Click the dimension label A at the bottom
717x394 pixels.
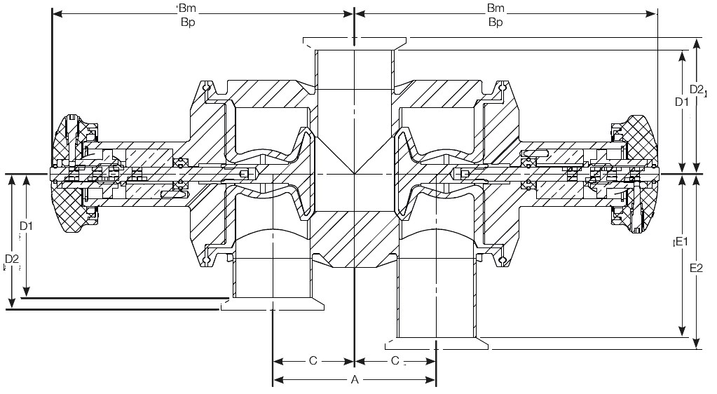[355, 379]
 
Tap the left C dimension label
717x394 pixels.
[313, 361]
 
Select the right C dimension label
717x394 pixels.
[395, 361]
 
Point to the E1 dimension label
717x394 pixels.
[682, 241]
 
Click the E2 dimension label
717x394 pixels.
[696, 268]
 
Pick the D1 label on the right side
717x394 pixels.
[682, 102]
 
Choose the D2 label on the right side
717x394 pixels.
[696, 89]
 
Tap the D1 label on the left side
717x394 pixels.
[26, 226]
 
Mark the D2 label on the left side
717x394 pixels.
[12, 259]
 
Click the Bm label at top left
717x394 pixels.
[188, 8]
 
